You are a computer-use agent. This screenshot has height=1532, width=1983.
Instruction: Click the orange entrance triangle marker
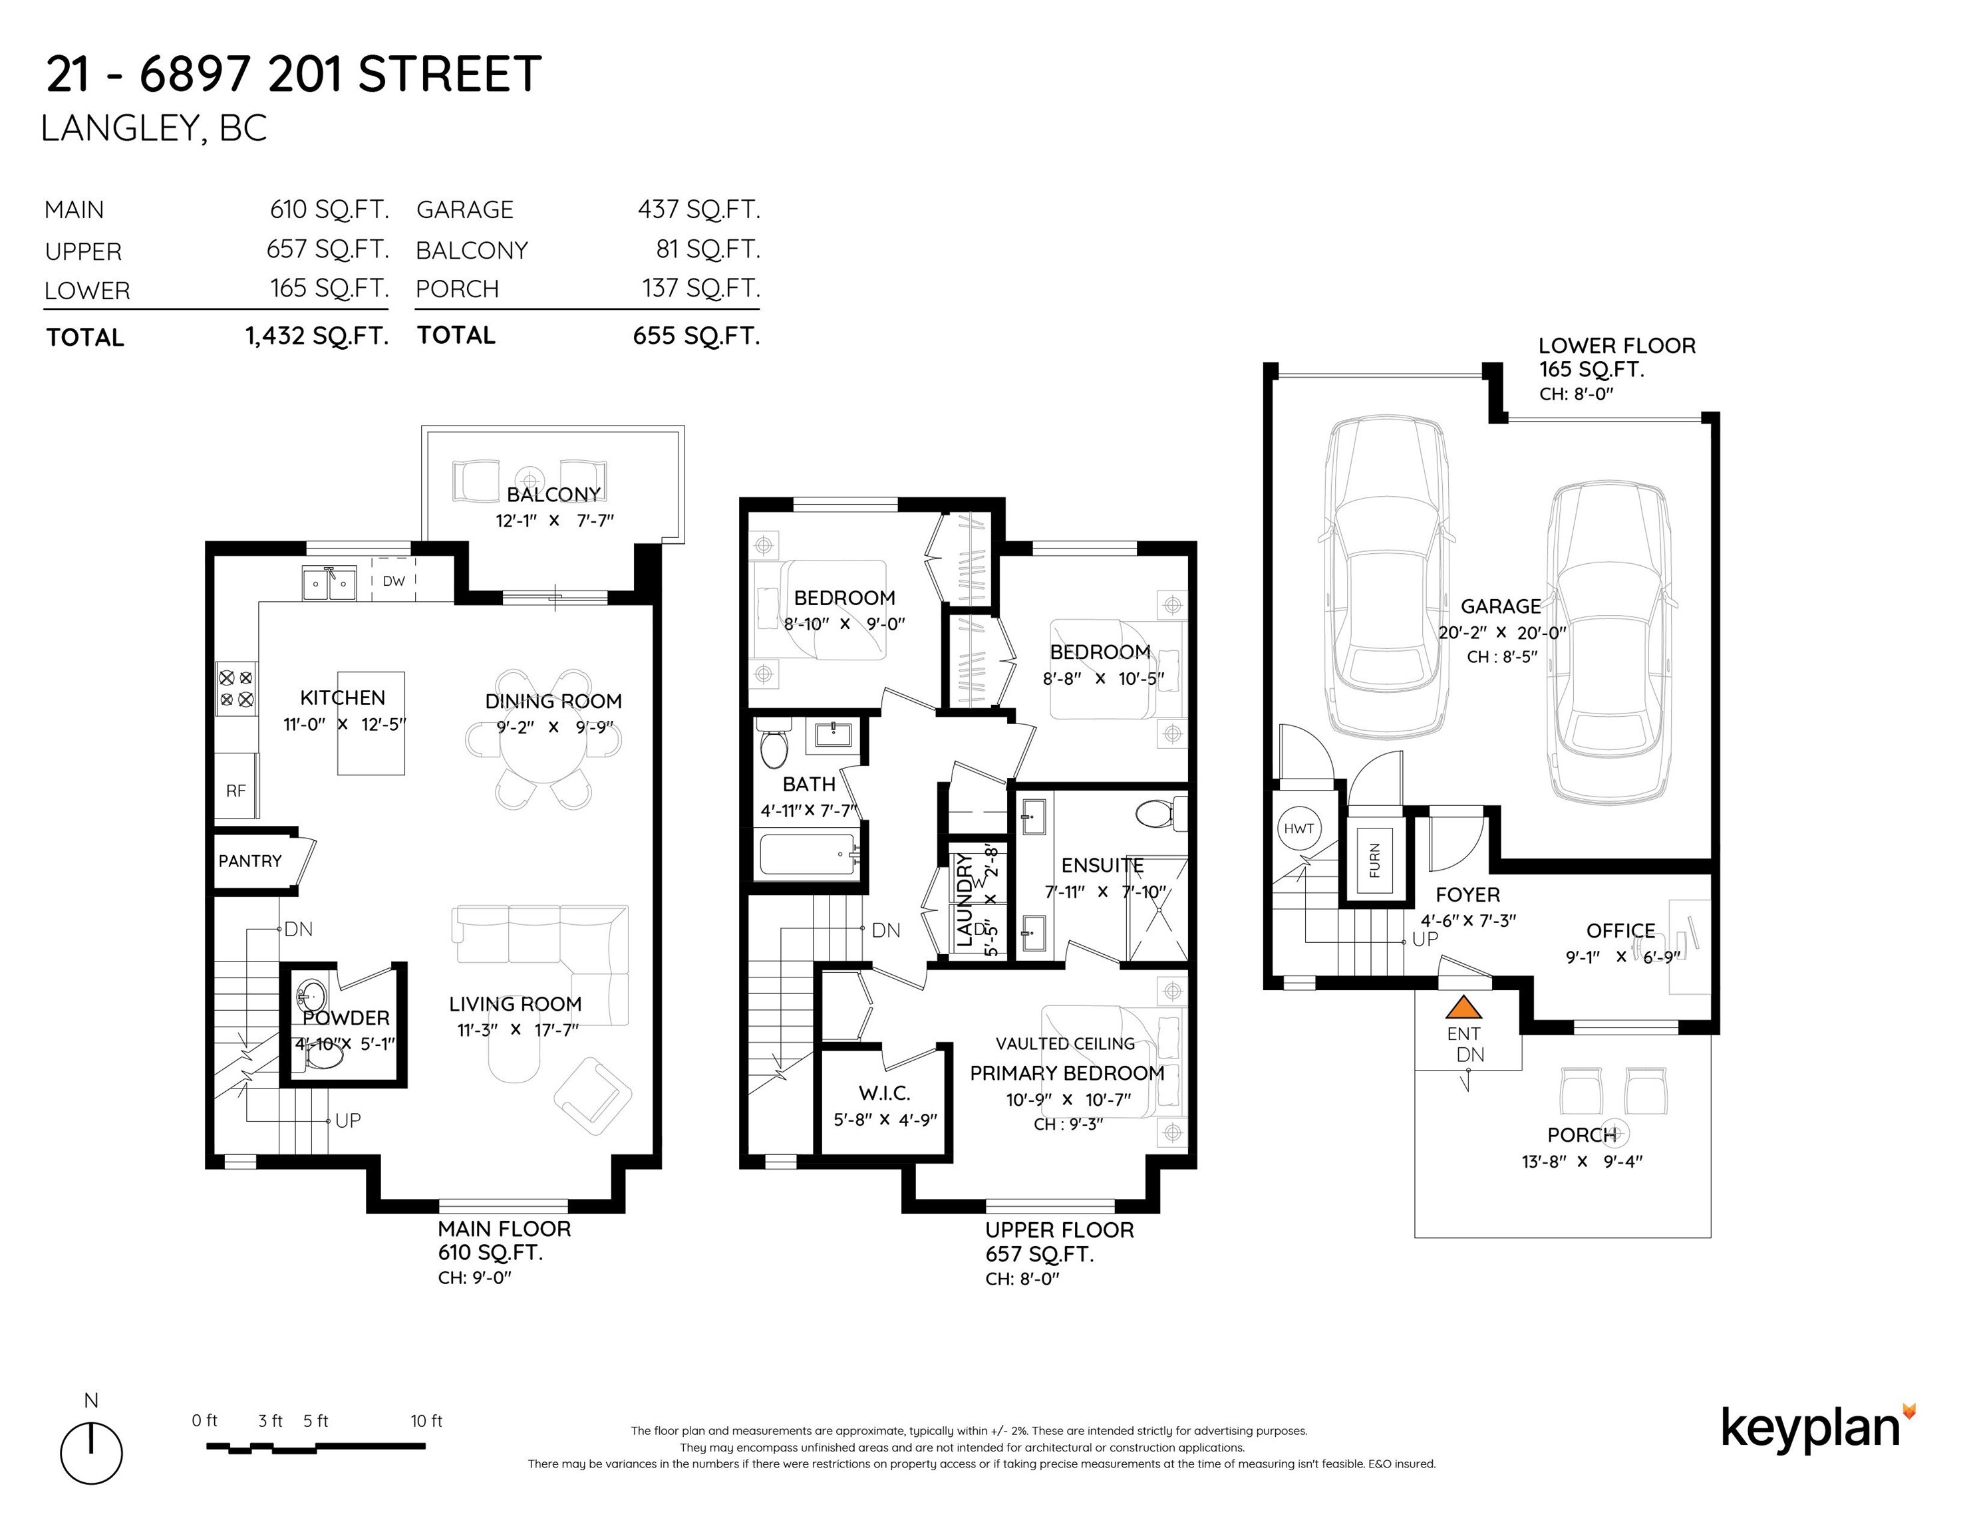point(1463,1007)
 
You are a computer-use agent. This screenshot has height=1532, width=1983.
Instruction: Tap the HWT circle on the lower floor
point(1298,828)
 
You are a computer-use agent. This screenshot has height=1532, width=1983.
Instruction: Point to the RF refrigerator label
point(236,791)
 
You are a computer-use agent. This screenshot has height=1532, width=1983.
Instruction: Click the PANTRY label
point(249,860)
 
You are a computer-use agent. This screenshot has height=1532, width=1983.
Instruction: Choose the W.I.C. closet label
point(884,1094)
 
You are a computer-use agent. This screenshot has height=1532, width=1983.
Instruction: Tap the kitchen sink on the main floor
point(329,584)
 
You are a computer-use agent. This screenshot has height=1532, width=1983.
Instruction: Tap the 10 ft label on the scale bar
point(426,1421)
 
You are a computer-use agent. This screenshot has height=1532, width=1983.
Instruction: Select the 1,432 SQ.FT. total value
point(317,336)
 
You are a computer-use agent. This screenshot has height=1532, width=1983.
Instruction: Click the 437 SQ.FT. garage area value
point(699,209)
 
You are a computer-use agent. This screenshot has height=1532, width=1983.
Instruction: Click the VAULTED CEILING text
point(1065,1044)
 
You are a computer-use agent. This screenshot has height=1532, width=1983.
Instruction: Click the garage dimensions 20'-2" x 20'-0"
point(1503,632)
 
